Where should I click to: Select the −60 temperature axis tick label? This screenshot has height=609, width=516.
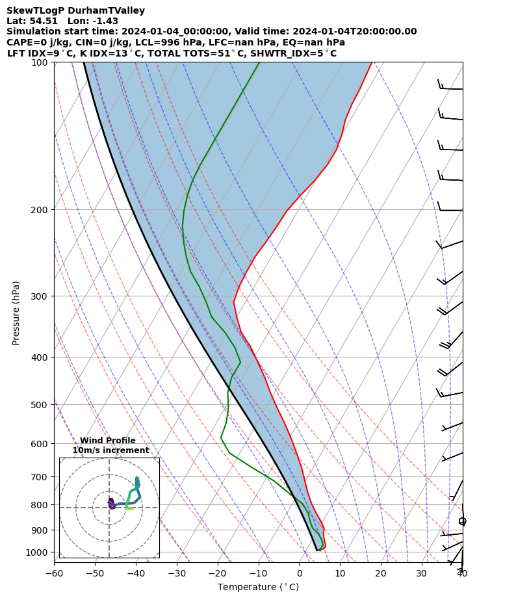point(54,573)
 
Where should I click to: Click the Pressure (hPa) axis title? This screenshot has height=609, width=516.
point(16,313)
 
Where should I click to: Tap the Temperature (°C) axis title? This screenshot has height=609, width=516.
point(258,588)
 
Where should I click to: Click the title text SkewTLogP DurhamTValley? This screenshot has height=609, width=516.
point(75,10)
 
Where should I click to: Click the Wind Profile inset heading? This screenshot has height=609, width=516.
point(108,441)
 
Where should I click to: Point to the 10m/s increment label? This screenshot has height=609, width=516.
point(110,450)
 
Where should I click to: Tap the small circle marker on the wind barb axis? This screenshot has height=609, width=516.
point(462,521)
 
